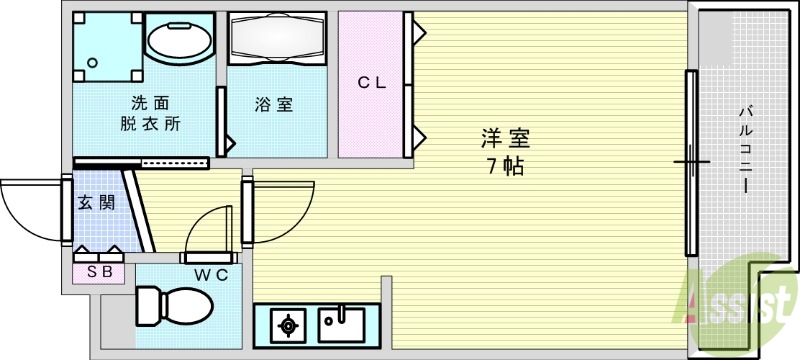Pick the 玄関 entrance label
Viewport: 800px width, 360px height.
[96, 202]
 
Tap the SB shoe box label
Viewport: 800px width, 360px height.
[98, 270]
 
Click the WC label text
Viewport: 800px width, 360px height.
[213, 272]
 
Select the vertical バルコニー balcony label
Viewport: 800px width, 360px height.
[745, 150]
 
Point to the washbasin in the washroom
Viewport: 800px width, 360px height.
[179, 40]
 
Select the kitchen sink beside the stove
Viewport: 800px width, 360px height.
[346, 323]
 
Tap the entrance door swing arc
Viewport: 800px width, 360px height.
[30, 212]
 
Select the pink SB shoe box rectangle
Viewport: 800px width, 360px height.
[98, 270]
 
